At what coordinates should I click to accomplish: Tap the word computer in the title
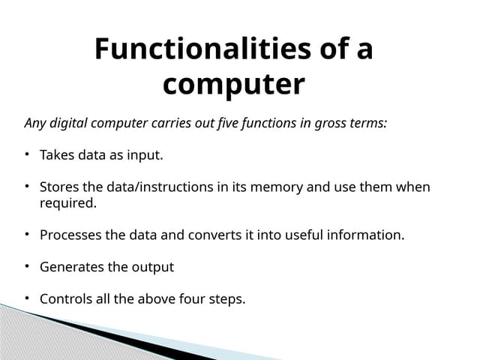pyautogui.click(x=233, y=85)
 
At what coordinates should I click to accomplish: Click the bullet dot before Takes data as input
pyautogui.click(x=25, y=154)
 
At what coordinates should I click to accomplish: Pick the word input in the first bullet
pyautogui.click(x=144, y=155)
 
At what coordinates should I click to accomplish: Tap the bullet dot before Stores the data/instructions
pyautogui.click(x=25, y=186)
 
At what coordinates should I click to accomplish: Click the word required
pyautogui.click(x=68, y=202)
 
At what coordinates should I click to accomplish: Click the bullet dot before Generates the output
pyautogui.click(x=25, y=266)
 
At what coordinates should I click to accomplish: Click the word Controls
pyautogui.click(x=66, y=298)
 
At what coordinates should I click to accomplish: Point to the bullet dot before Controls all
pyautogui.click(x=25, y=298)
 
